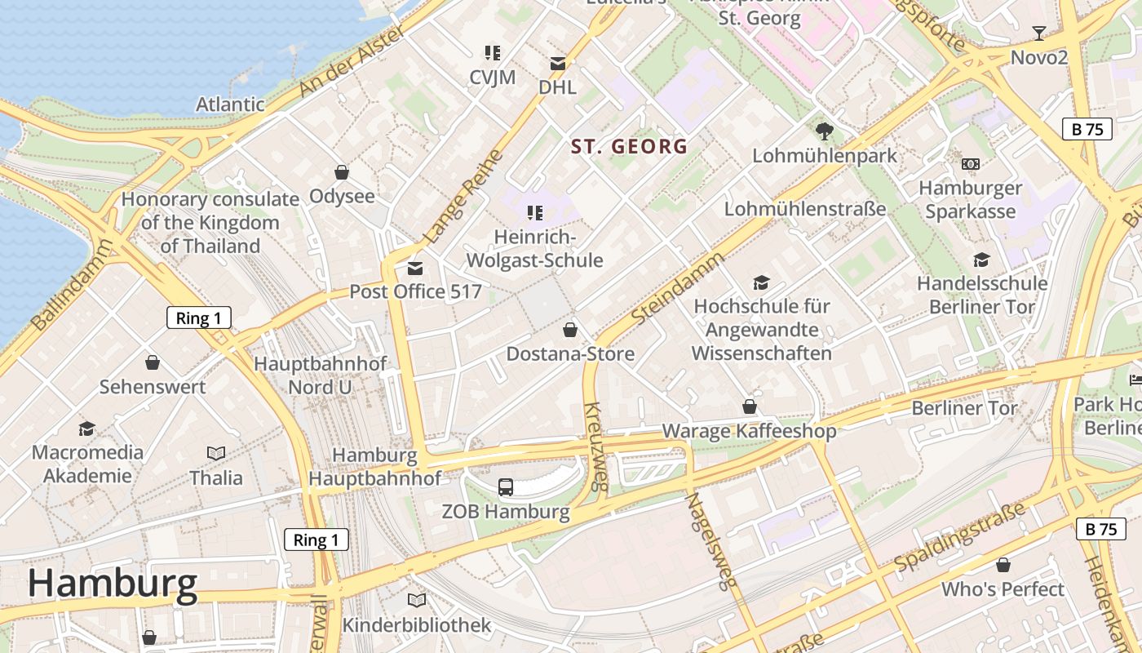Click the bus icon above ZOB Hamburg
click(x=506, y=487)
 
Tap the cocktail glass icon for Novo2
click(x=1038, y=33)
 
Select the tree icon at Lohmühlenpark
click(x=825, y=131)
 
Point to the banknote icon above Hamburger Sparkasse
click(x=970, y=164)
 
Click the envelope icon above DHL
click(x=558, y=64)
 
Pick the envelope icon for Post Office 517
click(x=415, y=268)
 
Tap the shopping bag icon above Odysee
click(x=342, y=172)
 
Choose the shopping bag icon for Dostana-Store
click(x=570, y=330)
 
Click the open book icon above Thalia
click(x=216, y=453)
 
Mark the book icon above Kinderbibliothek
click(x=417, y=601)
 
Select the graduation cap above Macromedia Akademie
click(x=87, y=429)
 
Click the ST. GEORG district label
click(x=629, y=147)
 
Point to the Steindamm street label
click(x=678, y=289)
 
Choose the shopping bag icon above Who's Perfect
click(x=1003, y=565)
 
